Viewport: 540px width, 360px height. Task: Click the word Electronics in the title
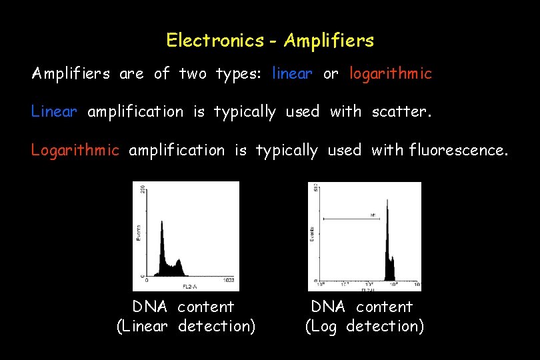[x=215, y=41]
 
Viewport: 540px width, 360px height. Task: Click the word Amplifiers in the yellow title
[x=329, y=41]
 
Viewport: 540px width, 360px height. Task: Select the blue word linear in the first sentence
[x=292, y=73]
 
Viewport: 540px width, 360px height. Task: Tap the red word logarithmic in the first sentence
[x=391, y=73]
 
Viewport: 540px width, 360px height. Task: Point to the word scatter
[x=401, y=112]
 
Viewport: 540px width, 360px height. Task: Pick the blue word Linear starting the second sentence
[x=54, y=112]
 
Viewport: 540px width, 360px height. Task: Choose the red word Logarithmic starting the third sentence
[x=75, y=150]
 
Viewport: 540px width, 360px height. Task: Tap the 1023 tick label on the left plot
[x=229, y=280]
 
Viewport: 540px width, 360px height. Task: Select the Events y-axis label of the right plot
[x=313, y=233]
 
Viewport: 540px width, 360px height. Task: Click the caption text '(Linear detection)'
[x=186, y=327]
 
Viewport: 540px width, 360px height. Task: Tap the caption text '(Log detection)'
[x=364, y=327]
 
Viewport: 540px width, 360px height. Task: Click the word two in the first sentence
[x=193, y=73]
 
